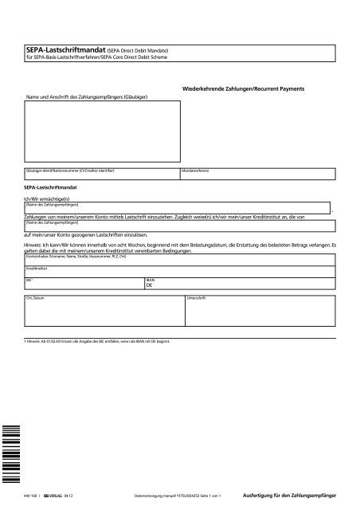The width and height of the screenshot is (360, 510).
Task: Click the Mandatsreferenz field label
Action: (x=198, y=171)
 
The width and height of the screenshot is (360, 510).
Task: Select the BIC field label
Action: (x=29, y=281)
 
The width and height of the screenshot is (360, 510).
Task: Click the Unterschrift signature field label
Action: (x=196, y=297)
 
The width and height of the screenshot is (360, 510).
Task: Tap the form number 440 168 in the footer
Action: (x=33, y=496)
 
